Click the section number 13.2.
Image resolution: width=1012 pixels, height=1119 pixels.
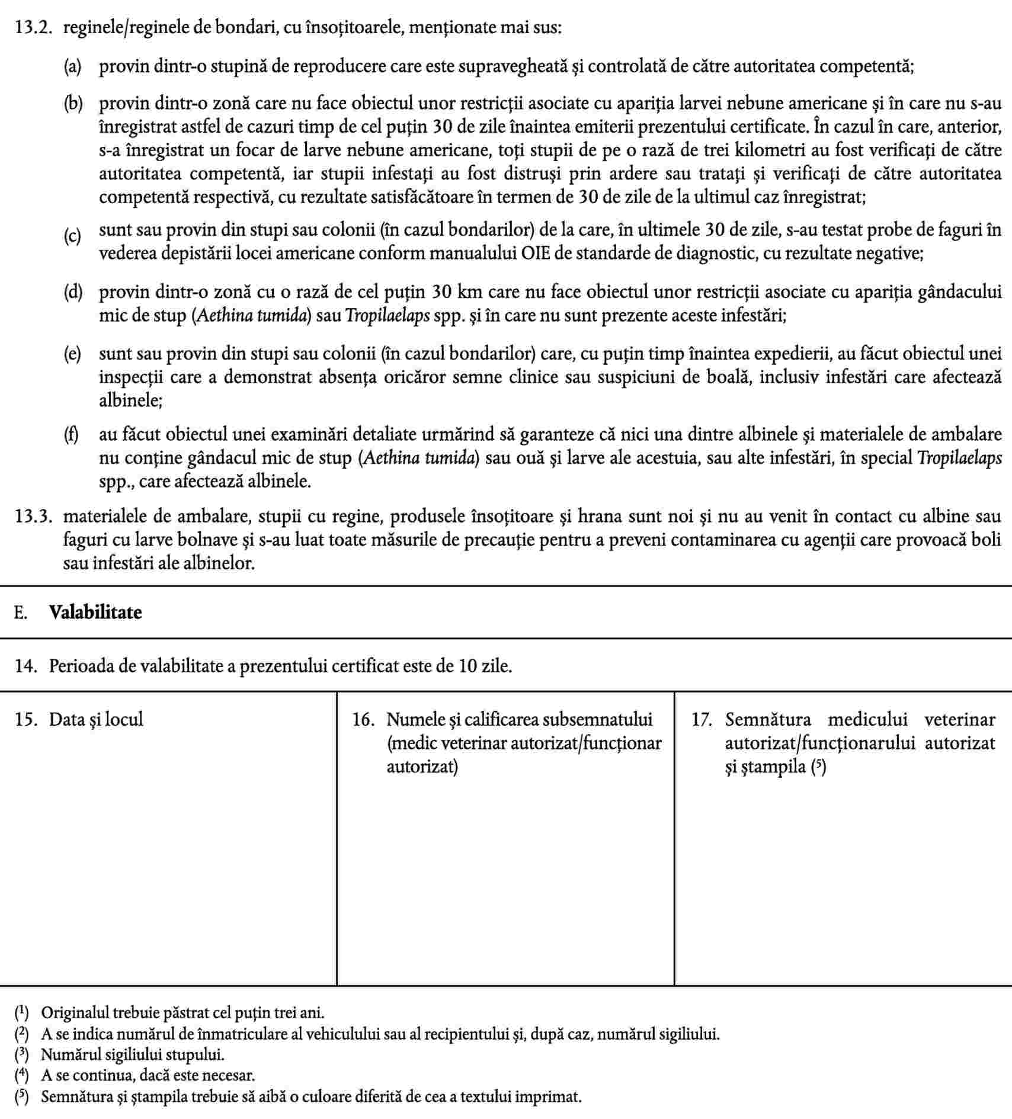[31, 28]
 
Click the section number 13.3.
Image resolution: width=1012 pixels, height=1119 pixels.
[31, 517]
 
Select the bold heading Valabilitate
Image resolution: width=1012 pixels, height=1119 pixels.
[95, 612]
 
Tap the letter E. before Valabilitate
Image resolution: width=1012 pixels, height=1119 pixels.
[21, 613]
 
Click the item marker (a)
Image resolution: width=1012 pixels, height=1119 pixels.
[73, 66]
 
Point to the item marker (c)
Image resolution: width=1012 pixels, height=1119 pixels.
[73, 237]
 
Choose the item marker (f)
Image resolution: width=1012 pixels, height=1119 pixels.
[72, 435]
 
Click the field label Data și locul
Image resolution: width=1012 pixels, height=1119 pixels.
[96, 720]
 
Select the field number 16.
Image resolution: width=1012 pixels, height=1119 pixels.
[364, 720]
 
